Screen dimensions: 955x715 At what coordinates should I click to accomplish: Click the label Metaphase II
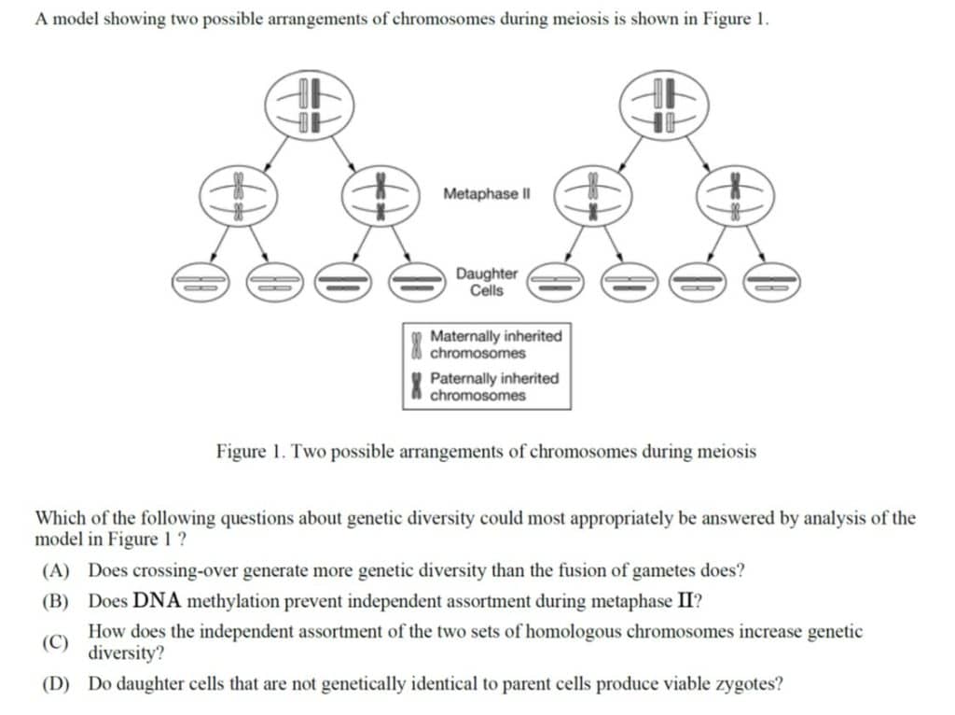[x=487, y=194]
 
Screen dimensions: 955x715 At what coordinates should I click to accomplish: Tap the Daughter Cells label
[x=487, y=282]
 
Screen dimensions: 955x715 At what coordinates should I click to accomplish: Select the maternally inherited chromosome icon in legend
[x=417, y=344]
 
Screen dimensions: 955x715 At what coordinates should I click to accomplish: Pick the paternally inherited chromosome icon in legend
[x=417, y=386]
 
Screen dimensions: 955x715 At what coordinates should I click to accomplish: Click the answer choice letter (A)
[x=55, y=570]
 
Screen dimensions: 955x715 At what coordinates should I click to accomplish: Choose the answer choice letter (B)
[x=55, y=602]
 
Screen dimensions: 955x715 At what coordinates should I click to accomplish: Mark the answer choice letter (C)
[x=55, y=642]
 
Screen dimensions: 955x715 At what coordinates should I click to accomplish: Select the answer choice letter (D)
[x=55, y=684]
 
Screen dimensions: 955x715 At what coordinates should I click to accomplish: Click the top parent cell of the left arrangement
[x=310, y=105]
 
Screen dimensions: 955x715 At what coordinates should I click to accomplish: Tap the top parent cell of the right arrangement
[x=664, y=105]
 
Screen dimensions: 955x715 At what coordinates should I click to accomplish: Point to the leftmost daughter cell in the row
[x=201, y=283]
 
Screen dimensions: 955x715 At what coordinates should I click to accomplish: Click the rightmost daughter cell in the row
[x=771, y=283]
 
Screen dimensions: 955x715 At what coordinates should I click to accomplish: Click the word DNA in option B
[x=157, y=601]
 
